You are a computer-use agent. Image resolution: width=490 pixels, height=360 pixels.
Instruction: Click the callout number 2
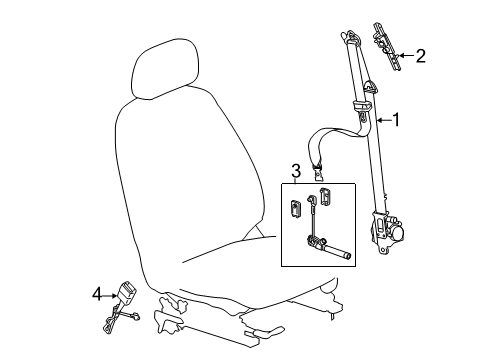click(x=421, y=56)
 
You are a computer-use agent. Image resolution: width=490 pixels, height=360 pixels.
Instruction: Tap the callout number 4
click(x=97, y=294)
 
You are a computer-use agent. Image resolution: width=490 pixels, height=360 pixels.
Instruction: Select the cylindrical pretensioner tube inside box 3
click(x=335, y=255)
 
